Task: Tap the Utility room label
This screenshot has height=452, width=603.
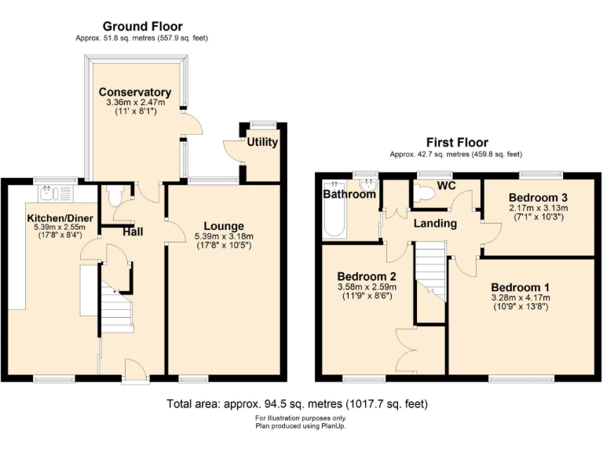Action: click(261, 142)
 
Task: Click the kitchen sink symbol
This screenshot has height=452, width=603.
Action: click(49, 191)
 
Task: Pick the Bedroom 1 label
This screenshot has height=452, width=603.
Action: click(519, 287)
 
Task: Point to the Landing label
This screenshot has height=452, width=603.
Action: click(436, 224)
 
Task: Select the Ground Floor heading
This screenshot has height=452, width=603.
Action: click(141, 26)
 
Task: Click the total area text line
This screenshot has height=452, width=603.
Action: click(298, 404)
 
